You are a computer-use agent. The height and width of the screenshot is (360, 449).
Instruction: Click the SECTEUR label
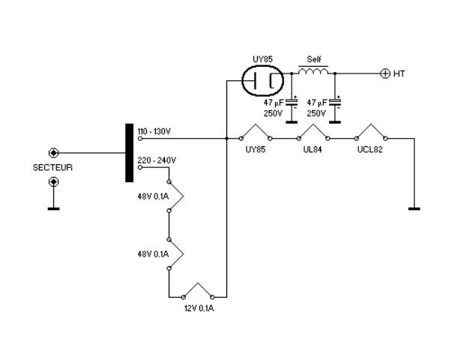pos(52,167)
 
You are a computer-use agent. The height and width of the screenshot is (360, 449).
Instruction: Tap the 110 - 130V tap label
pos(154,131)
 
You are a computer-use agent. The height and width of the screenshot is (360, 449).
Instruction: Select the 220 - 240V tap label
pos(157,160)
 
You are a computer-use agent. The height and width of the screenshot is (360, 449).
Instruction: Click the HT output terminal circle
pos(385,73)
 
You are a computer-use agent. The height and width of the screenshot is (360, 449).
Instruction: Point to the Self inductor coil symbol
pos(313,71)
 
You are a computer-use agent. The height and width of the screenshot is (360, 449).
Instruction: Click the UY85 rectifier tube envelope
pos(262,80)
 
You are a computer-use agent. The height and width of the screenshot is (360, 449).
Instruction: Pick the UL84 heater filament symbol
pos(313,133)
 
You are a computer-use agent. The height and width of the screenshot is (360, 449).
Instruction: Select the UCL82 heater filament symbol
pos(371,133)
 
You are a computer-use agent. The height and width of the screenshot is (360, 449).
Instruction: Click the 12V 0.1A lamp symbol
pos(198,291)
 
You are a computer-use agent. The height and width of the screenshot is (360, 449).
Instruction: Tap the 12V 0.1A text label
pos(199,308)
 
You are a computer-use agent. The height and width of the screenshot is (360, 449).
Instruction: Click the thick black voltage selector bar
pos(130,153)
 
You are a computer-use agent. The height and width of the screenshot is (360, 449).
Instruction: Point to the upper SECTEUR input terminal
pos(53,153)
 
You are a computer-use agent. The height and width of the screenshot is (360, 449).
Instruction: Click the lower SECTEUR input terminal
pos(53,181)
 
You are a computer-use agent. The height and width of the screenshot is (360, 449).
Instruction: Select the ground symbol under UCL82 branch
pos(414,208)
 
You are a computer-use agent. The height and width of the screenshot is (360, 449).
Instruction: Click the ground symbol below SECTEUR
pos(53,208)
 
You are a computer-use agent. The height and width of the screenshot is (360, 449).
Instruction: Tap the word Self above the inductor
pos(314,59)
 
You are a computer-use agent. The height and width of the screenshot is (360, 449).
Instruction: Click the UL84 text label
pos(313,149)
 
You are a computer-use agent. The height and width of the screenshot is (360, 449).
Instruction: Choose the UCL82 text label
pos(370,149)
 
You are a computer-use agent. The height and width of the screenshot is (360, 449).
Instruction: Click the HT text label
pos(399,73)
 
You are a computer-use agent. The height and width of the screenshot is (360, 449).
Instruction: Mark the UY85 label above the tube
pos(262,59)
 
